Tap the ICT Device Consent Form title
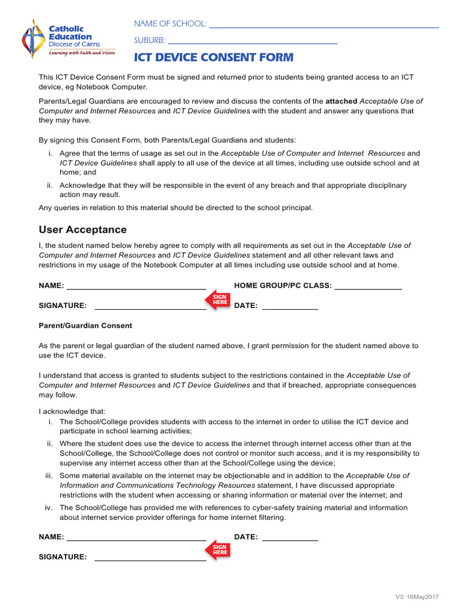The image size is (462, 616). pyautogui.click(x=214, y=58)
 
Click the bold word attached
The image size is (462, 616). pyautogui.click(x=341, y=101)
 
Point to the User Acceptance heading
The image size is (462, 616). pyautogui.click(x=82, y=230)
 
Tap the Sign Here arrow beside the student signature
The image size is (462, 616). pyautogui.click(x=218, y=300)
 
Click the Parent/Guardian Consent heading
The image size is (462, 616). pyautogui.click(x=85, y=325)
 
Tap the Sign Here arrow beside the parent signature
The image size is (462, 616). pyautogui.click(x=218, y=550)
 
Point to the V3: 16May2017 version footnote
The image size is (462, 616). pyautogui.click(x=417, y=596)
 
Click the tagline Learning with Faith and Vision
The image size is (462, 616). pyautogui.click(x=81, y=53)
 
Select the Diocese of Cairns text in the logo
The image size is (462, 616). pyautogui.click(x=74, y=45)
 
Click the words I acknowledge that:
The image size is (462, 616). pyautogui.click(x=72, y=411)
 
